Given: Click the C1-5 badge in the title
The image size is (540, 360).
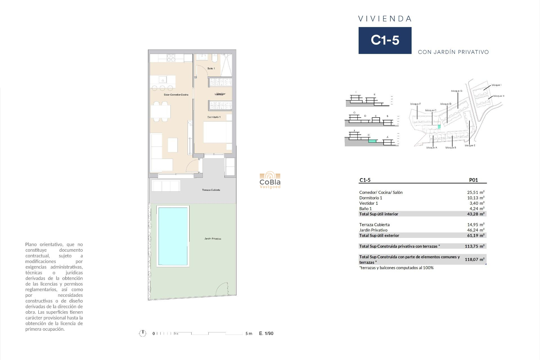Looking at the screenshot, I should point(385,40).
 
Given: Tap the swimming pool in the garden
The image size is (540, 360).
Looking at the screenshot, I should point(173,236).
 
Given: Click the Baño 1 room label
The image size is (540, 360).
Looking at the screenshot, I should point(211,69).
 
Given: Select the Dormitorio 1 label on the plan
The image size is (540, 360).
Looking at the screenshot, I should point(214,117).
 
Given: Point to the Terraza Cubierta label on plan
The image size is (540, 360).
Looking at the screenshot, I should point(211,190).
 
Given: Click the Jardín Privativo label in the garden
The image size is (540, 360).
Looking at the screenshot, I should point(213,239).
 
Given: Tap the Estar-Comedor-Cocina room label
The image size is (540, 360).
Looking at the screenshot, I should point(176,95).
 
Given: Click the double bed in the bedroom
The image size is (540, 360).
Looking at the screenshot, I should point(217,132).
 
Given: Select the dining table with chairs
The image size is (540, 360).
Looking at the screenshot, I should point(161,112).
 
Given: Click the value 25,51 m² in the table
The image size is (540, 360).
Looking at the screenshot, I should point(476,192).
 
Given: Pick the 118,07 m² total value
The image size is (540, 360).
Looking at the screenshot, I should point(474,260).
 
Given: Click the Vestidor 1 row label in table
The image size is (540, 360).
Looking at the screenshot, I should point(368,203).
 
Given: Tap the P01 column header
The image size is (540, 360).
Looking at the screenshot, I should point(473,180).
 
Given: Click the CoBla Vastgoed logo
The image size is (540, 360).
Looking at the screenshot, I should point(270,180).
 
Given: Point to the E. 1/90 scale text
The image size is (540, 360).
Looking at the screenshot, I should point(266,334).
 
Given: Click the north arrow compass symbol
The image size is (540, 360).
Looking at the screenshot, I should point(143,333).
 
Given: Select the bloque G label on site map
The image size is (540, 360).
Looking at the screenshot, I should point(456,91).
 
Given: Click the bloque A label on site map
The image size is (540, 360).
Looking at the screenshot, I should point(431,148).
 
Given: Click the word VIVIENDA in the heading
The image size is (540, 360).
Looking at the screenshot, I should point(385,19).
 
